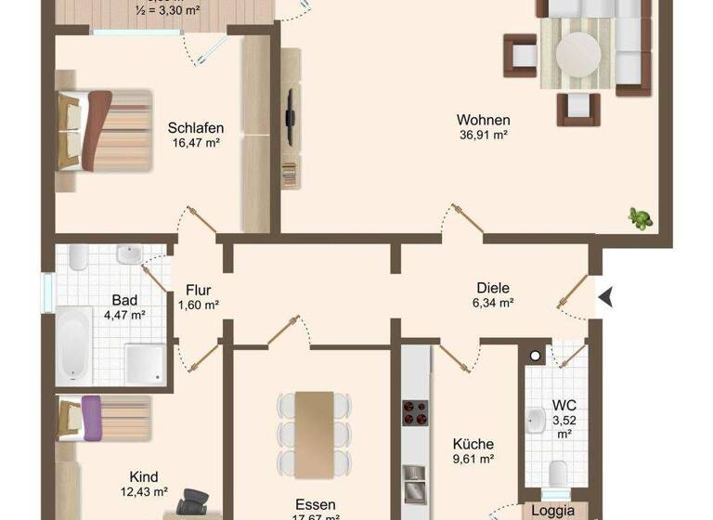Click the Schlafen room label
[x=195, y=128]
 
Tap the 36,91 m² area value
[x=483, y=135]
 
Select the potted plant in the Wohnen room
[x=640, y=218]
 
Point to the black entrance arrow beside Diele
[x=606, y=297]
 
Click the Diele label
[x=493, y=288]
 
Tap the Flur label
[x=199, y=289]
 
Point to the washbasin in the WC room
[x=535, y=420]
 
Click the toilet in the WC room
[x=558, y=473]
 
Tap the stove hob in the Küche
[x=414, y=411]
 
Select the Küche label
[x=473, y=444]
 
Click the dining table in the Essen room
[x=315, y=434]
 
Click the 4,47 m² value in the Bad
[x=124, y=315]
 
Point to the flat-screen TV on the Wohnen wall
[x=290, y=116]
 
